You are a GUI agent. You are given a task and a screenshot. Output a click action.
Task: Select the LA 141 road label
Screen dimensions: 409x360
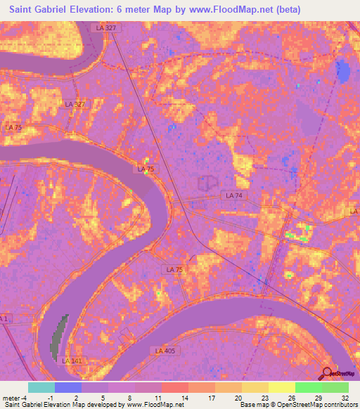pos(71,361)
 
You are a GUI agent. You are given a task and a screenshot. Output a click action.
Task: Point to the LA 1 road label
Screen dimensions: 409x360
pos(5,318)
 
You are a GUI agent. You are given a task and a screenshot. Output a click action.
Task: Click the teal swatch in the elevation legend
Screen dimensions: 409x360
pos(41,387)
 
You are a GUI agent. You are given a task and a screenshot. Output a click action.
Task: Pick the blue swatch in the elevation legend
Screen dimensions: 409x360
pos(68,387)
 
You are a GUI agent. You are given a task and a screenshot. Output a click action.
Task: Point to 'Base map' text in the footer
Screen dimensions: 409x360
pos(254,405)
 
